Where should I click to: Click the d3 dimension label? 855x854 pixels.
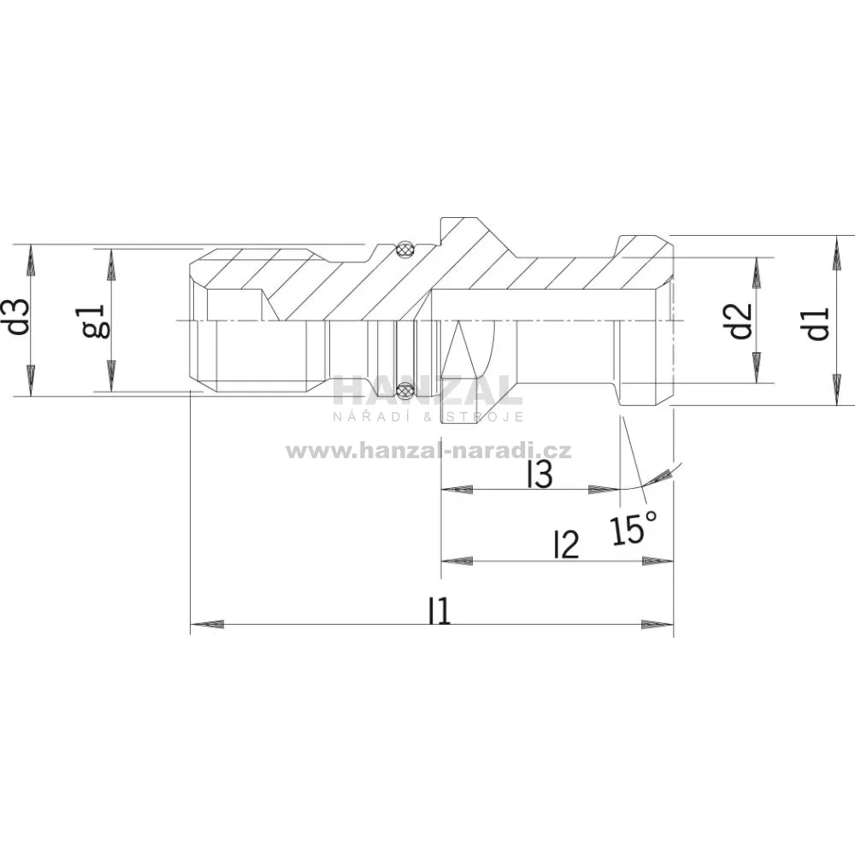(x=21, y=317)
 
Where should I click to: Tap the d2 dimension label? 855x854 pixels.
(x=741, y=321)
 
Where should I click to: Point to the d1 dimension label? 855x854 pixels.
(x=817, y=323)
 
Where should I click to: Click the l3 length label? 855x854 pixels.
(x=540, y=475)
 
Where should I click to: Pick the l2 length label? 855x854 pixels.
(x=565, y=545)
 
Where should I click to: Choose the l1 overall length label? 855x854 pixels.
(x=439, y=610)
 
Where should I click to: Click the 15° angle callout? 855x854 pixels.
(x=633, y=527)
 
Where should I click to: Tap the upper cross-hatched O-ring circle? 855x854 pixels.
(x=404, y=250)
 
